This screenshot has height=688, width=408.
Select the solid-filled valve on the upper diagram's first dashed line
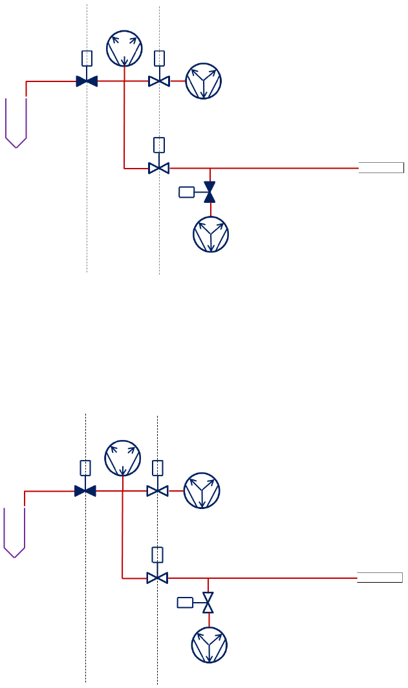[87, 81]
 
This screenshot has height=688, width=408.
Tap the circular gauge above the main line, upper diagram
[124, 48]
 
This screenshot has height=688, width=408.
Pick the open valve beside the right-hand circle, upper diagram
[159, 81]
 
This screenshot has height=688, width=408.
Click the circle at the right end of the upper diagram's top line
[204, 81]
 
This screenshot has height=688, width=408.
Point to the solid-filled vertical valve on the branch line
[209, 192]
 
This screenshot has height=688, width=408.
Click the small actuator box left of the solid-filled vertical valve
[186, 192]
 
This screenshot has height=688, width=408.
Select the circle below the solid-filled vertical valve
[211, 235]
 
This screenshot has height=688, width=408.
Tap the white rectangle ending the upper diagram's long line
[381, 168]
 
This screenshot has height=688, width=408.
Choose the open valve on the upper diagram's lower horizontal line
[159, 168]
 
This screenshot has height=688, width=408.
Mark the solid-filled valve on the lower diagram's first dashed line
[85, 491]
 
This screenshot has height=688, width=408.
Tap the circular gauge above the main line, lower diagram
[122, 458]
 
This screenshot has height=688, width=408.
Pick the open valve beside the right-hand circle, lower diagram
[157, 491]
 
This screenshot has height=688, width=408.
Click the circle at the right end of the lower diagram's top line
[202, 491]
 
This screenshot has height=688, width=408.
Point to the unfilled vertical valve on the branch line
[208, 603]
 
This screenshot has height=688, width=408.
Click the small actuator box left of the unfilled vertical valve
[185, 603]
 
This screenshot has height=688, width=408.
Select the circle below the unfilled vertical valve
[209, 645]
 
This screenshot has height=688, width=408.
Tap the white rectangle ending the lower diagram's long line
[380, 577]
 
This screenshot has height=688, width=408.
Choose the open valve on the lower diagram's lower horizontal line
[157, 577]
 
